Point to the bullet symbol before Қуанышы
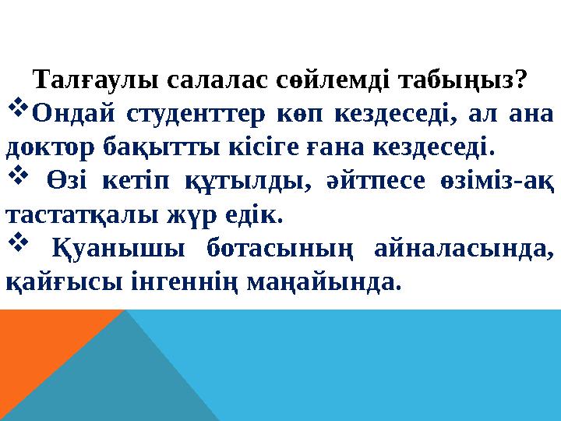point(17,239)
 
